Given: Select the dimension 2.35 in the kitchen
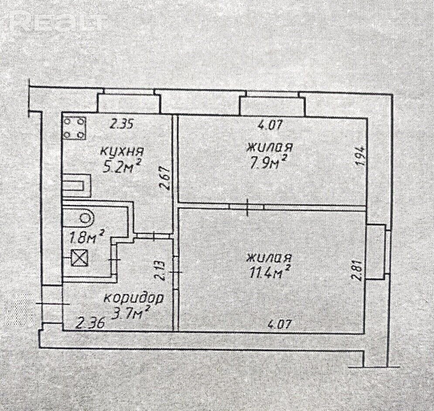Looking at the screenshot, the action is [x=122, y=124].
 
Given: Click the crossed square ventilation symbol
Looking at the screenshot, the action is [x=80, y=257].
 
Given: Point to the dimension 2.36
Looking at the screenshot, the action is [x=92, y=323].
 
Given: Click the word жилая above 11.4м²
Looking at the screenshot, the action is [x=269, y=258].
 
